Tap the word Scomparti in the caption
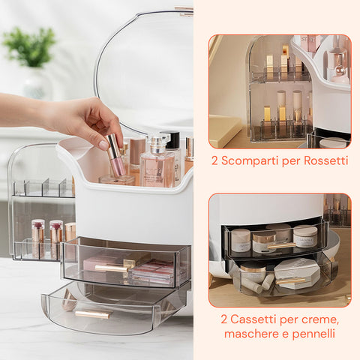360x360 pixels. (x=247, y=161)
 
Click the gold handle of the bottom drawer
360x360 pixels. (x=93, y=313)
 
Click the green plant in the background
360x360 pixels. (x=30, y=46)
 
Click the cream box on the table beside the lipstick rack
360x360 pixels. (x=224, y=129)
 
